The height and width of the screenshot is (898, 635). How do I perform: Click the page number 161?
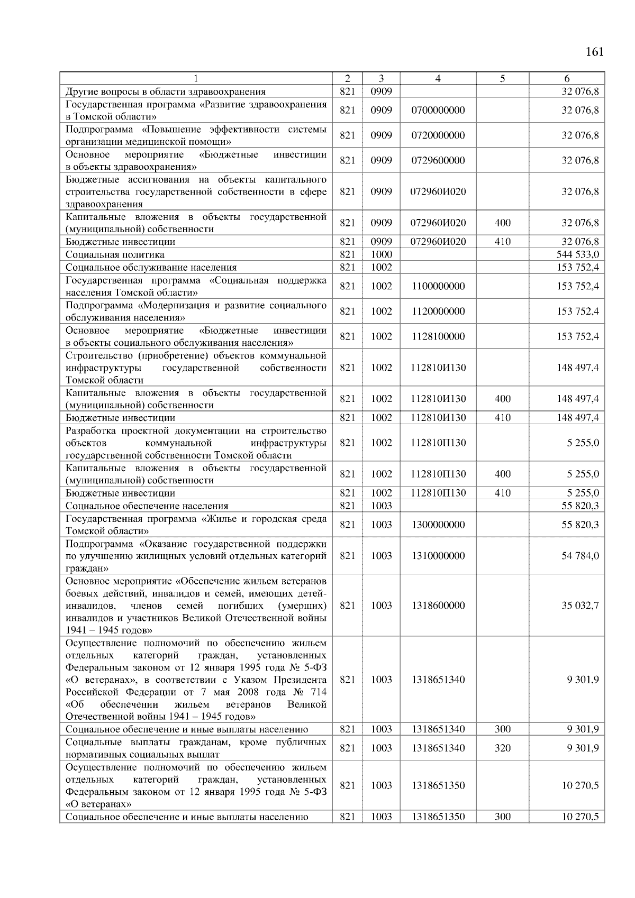pos(594,52)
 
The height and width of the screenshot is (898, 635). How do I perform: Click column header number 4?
pos(438,79)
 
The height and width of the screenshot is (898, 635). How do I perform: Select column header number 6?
pos(567,79)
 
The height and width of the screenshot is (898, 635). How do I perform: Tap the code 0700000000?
pos(438,111)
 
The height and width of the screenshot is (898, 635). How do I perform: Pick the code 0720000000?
pos(438,135)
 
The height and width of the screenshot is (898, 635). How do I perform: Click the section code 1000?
pos(381,255)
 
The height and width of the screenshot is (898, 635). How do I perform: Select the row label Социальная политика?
pos(115,255)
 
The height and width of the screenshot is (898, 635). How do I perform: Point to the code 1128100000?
pos(438,337)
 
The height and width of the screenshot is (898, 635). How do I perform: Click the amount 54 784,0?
pos(580,556)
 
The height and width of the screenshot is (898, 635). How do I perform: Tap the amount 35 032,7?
pos(580,606)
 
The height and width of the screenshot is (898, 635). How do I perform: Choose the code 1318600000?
pos(438,606)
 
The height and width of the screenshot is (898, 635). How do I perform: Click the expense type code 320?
pos(502,748)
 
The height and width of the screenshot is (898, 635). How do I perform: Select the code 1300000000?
pos(438,525)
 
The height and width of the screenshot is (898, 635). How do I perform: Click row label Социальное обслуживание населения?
pos(151,268)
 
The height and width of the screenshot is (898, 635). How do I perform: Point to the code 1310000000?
pos(438,556)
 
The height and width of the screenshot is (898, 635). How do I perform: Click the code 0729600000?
pos(438,161)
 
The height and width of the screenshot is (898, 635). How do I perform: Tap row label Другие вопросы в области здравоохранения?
pos(165,92)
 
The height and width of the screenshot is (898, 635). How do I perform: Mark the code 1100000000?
pos(438,287)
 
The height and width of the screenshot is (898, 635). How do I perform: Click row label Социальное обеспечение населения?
pos(147,506)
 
